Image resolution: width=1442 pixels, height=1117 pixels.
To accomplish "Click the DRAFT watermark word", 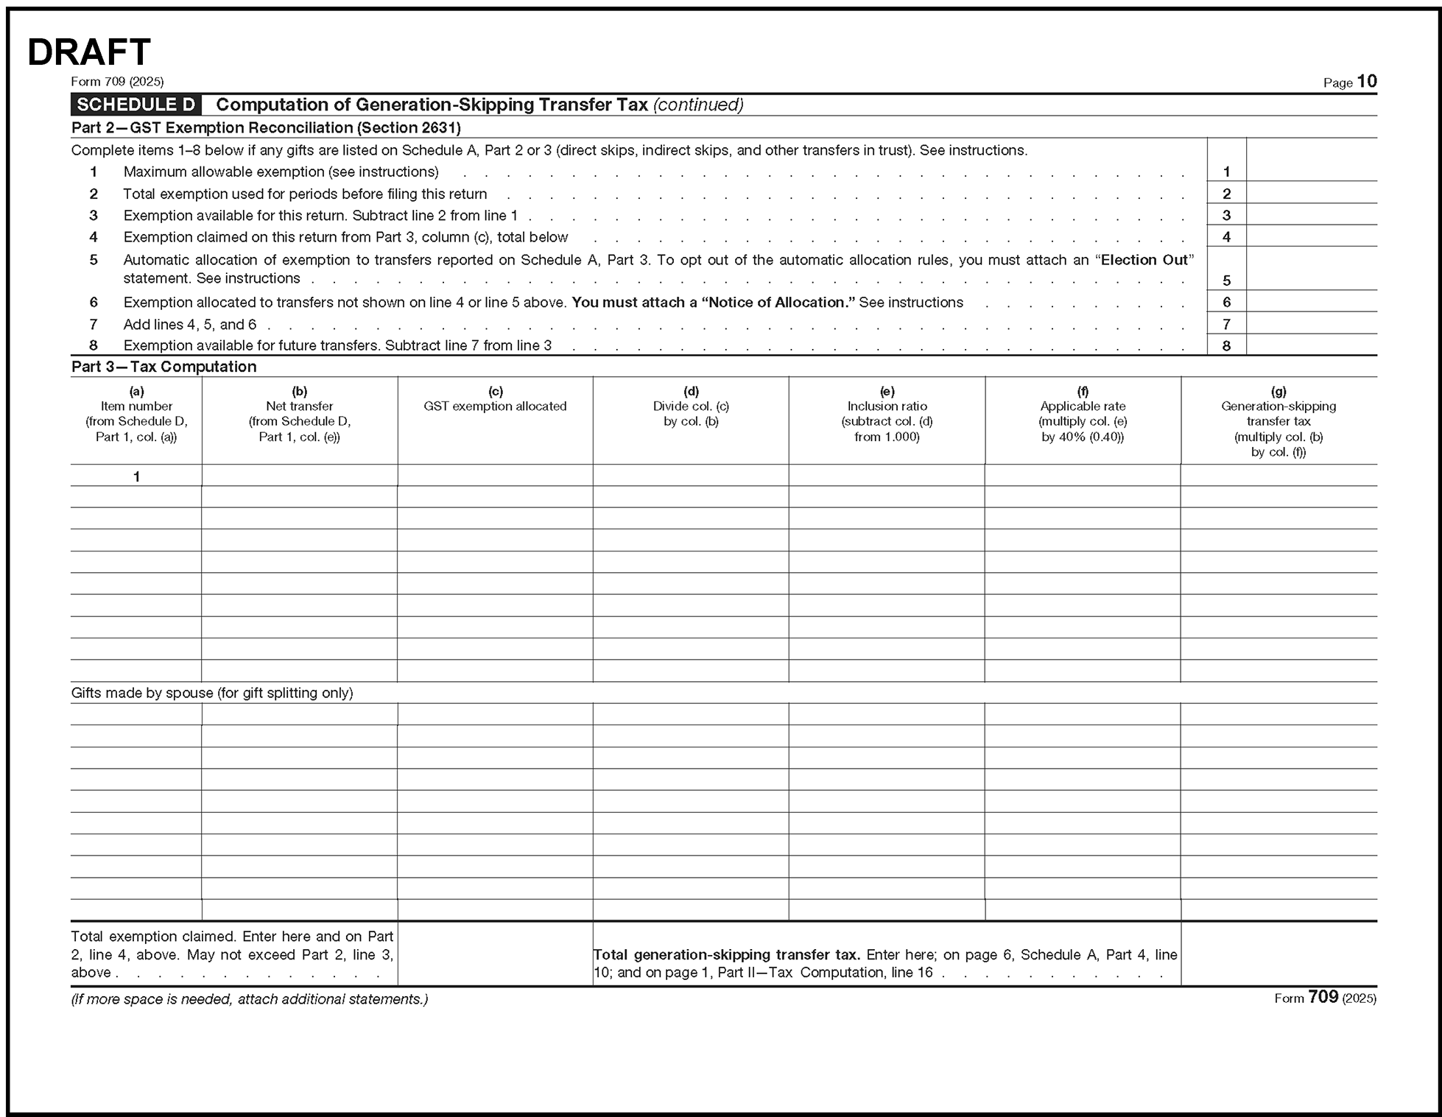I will (x=89, y=53).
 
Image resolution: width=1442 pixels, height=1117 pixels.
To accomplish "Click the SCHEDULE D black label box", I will (x=136, y=105).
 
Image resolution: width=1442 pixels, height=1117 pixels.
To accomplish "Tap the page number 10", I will (x=1366, y=82).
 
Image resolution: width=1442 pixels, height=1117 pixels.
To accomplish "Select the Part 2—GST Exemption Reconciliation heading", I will (x=266, y=128).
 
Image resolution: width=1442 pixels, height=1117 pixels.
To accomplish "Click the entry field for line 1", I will (x=1311, y=171).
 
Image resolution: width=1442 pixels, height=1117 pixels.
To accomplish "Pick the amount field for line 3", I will (x=1311, y=215).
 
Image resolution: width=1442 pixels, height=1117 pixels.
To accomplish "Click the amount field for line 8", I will (x=1311, y=345).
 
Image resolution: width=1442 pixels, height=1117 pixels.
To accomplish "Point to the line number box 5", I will (x=1226, y=280).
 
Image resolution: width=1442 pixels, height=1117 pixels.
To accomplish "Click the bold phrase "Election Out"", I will (x=1144, y=260).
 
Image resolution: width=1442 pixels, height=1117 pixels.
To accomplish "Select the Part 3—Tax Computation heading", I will (x=163, y=367).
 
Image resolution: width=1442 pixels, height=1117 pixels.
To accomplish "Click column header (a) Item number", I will (x=136, y=414).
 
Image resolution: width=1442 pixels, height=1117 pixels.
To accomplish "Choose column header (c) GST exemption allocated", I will (x=495, y=399).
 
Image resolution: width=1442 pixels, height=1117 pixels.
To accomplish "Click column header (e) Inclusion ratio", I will (x=887, y=414).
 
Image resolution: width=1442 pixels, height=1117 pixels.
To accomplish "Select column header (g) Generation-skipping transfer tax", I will (x=1278, y=421).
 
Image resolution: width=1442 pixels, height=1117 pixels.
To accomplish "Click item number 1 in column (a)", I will (x=136, y=476).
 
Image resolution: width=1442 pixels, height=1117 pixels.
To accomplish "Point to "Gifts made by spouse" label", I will (x=212, y=693).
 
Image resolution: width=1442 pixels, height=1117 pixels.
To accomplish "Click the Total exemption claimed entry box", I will (x=495, y=954).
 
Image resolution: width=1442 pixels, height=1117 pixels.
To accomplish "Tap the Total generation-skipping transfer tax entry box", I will (x=1279, y=954).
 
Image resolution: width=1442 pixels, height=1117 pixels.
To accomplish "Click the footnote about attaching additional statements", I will (x=249, y=999).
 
